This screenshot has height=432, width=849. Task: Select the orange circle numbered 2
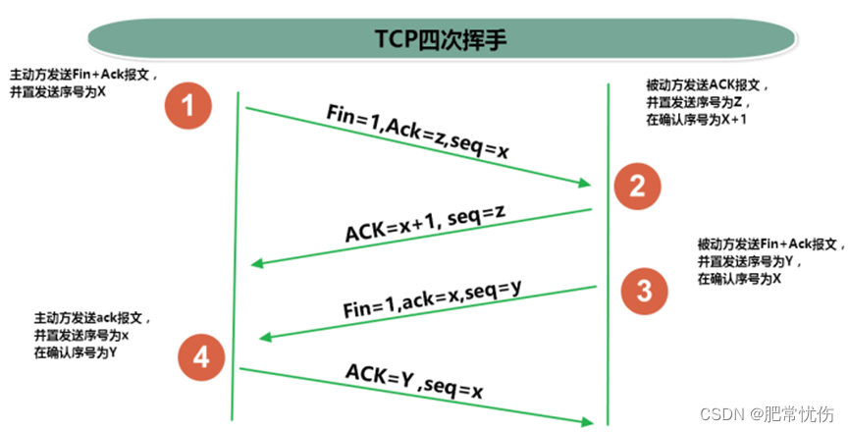[x=637, y=186]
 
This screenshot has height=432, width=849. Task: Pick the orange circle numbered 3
[x=644, y=289]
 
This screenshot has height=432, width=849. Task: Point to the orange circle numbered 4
[x=201, y=358]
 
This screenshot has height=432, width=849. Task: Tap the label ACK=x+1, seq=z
[x=424, y=225]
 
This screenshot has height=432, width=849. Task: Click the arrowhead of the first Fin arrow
[x=586, y=184]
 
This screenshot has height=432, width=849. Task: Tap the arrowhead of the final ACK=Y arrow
[x=589, y=421]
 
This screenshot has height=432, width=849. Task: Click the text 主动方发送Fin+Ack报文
[x=82, y=74]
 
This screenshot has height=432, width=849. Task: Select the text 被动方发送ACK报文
[x=699, y=85]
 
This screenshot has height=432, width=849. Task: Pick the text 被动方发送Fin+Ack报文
[x=769, y=243]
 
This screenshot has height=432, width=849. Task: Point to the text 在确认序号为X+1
[x=698, y=119]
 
